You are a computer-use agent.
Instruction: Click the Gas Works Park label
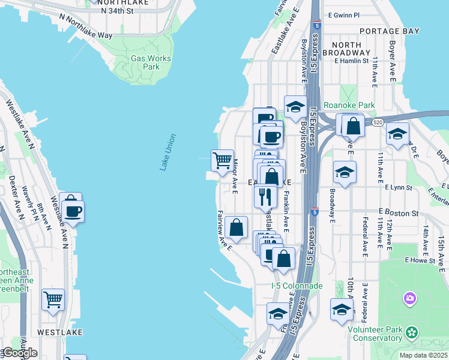point(151,62)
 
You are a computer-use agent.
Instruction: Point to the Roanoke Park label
point(349,105)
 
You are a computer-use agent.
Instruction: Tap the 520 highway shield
point(377,122)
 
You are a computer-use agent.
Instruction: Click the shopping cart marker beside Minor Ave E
point(222,161)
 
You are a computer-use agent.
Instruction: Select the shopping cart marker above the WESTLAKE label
point(53,299)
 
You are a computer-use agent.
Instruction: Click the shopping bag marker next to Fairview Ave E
point(237,227)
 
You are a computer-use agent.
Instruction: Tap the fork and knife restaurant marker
point(265,196)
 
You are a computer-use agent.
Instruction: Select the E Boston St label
point(399,213)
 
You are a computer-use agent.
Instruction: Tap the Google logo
point(19,353)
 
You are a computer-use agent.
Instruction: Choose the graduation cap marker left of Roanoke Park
point(295,107)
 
